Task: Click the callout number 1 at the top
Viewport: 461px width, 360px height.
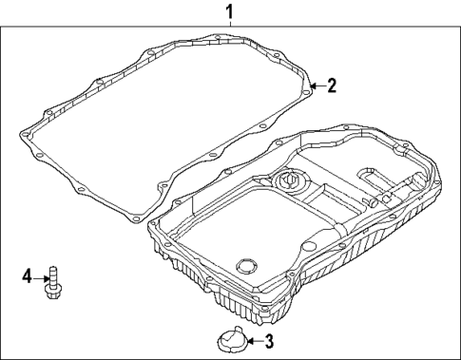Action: click(x=229, y=11)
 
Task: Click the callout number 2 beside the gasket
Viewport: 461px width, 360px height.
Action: click(x=332, y=85)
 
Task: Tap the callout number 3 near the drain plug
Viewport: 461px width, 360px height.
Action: click(x=268, y=341)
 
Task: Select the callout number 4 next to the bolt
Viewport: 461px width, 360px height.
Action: click(x=28, y=275)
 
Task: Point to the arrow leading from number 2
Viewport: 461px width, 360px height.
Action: click(x=317, y=85)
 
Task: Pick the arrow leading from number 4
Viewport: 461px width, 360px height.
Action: click(x=41, y=278)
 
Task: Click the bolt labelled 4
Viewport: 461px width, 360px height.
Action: click(x=53, y=282)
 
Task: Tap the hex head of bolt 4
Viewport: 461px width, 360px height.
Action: click(x=53, y=292)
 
